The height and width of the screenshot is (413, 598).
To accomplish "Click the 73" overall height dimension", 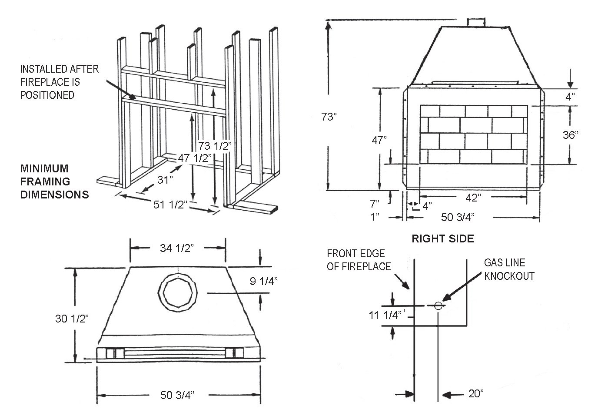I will [x=329, y=117].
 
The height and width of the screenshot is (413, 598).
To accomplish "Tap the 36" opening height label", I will [x=571, y=135].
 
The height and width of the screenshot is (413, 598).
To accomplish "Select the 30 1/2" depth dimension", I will [x=72, y=319].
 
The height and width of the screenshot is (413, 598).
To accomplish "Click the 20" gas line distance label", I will [x=476, y=393].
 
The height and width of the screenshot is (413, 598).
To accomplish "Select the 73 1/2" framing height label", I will [x=213, y=146].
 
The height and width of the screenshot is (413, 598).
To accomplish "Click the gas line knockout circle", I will [x=438, y=306].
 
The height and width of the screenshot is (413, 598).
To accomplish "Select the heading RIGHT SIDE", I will [x=442, y=238].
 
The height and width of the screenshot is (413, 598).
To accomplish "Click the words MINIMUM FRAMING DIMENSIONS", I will [x=54, y=181].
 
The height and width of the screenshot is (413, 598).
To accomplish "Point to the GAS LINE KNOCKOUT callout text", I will [x=509, y=269].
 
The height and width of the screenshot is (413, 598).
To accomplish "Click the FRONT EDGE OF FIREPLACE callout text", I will [x=359, y=260].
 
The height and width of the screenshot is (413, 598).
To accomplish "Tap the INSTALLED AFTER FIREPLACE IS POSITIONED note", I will [x=60, y=82].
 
